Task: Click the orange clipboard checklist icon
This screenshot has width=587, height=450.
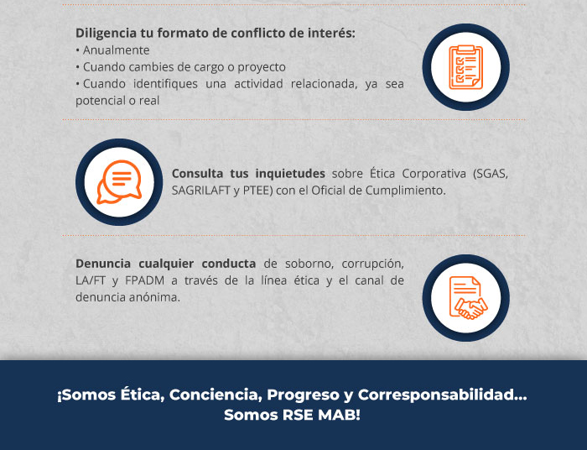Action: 465,67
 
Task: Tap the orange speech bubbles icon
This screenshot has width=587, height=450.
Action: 119,182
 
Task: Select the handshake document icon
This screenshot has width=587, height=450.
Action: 468,298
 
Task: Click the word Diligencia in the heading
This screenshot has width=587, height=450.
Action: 106,34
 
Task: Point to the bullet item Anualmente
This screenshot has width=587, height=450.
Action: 116,50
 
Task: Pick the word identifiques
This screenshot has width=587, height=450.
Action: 165,84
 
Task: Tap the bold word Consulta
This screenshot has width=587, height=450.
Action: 197,174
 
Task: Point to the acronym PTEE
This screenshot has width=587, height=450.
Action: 256,191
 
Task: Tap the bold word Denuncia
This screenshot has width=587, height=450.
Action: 103,264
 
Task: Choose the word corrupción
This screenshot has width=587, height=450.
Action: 372,264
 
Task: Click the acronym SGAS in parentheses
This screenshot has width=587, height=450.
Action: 491,175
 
